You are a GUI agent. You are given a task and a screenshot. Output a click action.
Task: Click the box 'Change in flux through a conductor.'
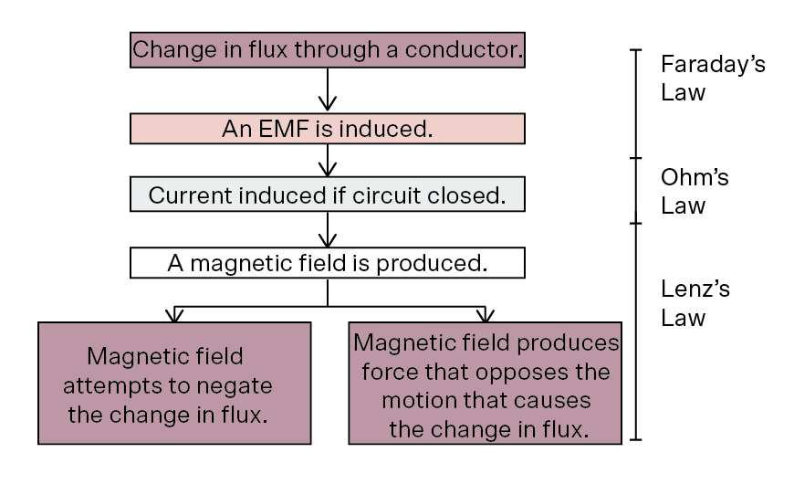(328, 49)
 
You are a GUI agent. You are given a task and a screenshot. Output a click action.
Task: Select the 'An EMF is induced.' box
(328, 129)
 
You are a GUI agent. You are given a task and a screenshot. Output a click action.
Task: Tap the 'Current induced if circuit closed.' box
(328, 195)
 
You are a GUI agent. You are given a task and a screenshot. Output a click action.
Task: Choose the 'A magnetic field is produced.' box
(328, 262)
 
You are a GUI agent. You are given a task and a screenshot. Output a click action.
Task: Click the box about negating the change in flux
(174, 384)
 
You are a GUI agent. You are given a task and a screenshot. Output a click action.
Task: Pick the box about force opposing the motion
(486, 384)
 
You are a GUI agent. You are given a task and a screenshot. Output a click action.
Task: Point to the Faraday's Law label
(713, 78)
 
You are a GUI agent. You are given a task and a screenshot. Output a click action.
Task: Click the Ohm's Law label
(695, 192)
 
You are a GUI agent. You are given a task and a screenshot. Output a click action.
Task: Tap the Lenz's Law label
(695, 303)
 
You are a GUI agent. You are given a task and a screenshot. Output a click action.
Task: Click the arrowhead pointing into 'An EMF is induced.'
(328, 105)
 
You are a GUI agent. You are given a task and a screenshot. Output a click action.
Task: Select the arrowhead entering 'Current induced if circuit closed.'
(328, 170)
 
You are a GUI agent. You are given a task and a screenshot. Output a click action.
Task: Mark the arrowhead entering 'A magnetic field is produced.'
(328, 241)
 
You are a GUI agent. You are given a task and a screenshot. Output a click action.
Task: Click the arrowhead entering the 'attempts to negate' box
(174, 315)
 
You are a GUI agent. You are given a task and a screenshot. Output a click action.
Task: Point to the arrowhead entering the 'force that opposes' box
(486, 315)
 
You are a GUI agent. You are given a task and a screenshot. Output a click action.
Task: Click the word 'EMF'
(284, 129)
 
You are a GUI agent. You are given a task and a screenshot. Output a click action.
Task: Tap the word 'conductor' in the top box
(461, 49)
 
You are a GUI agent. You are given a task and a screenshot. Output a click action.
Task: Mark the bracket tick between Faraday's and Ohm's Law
(636, 158)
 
